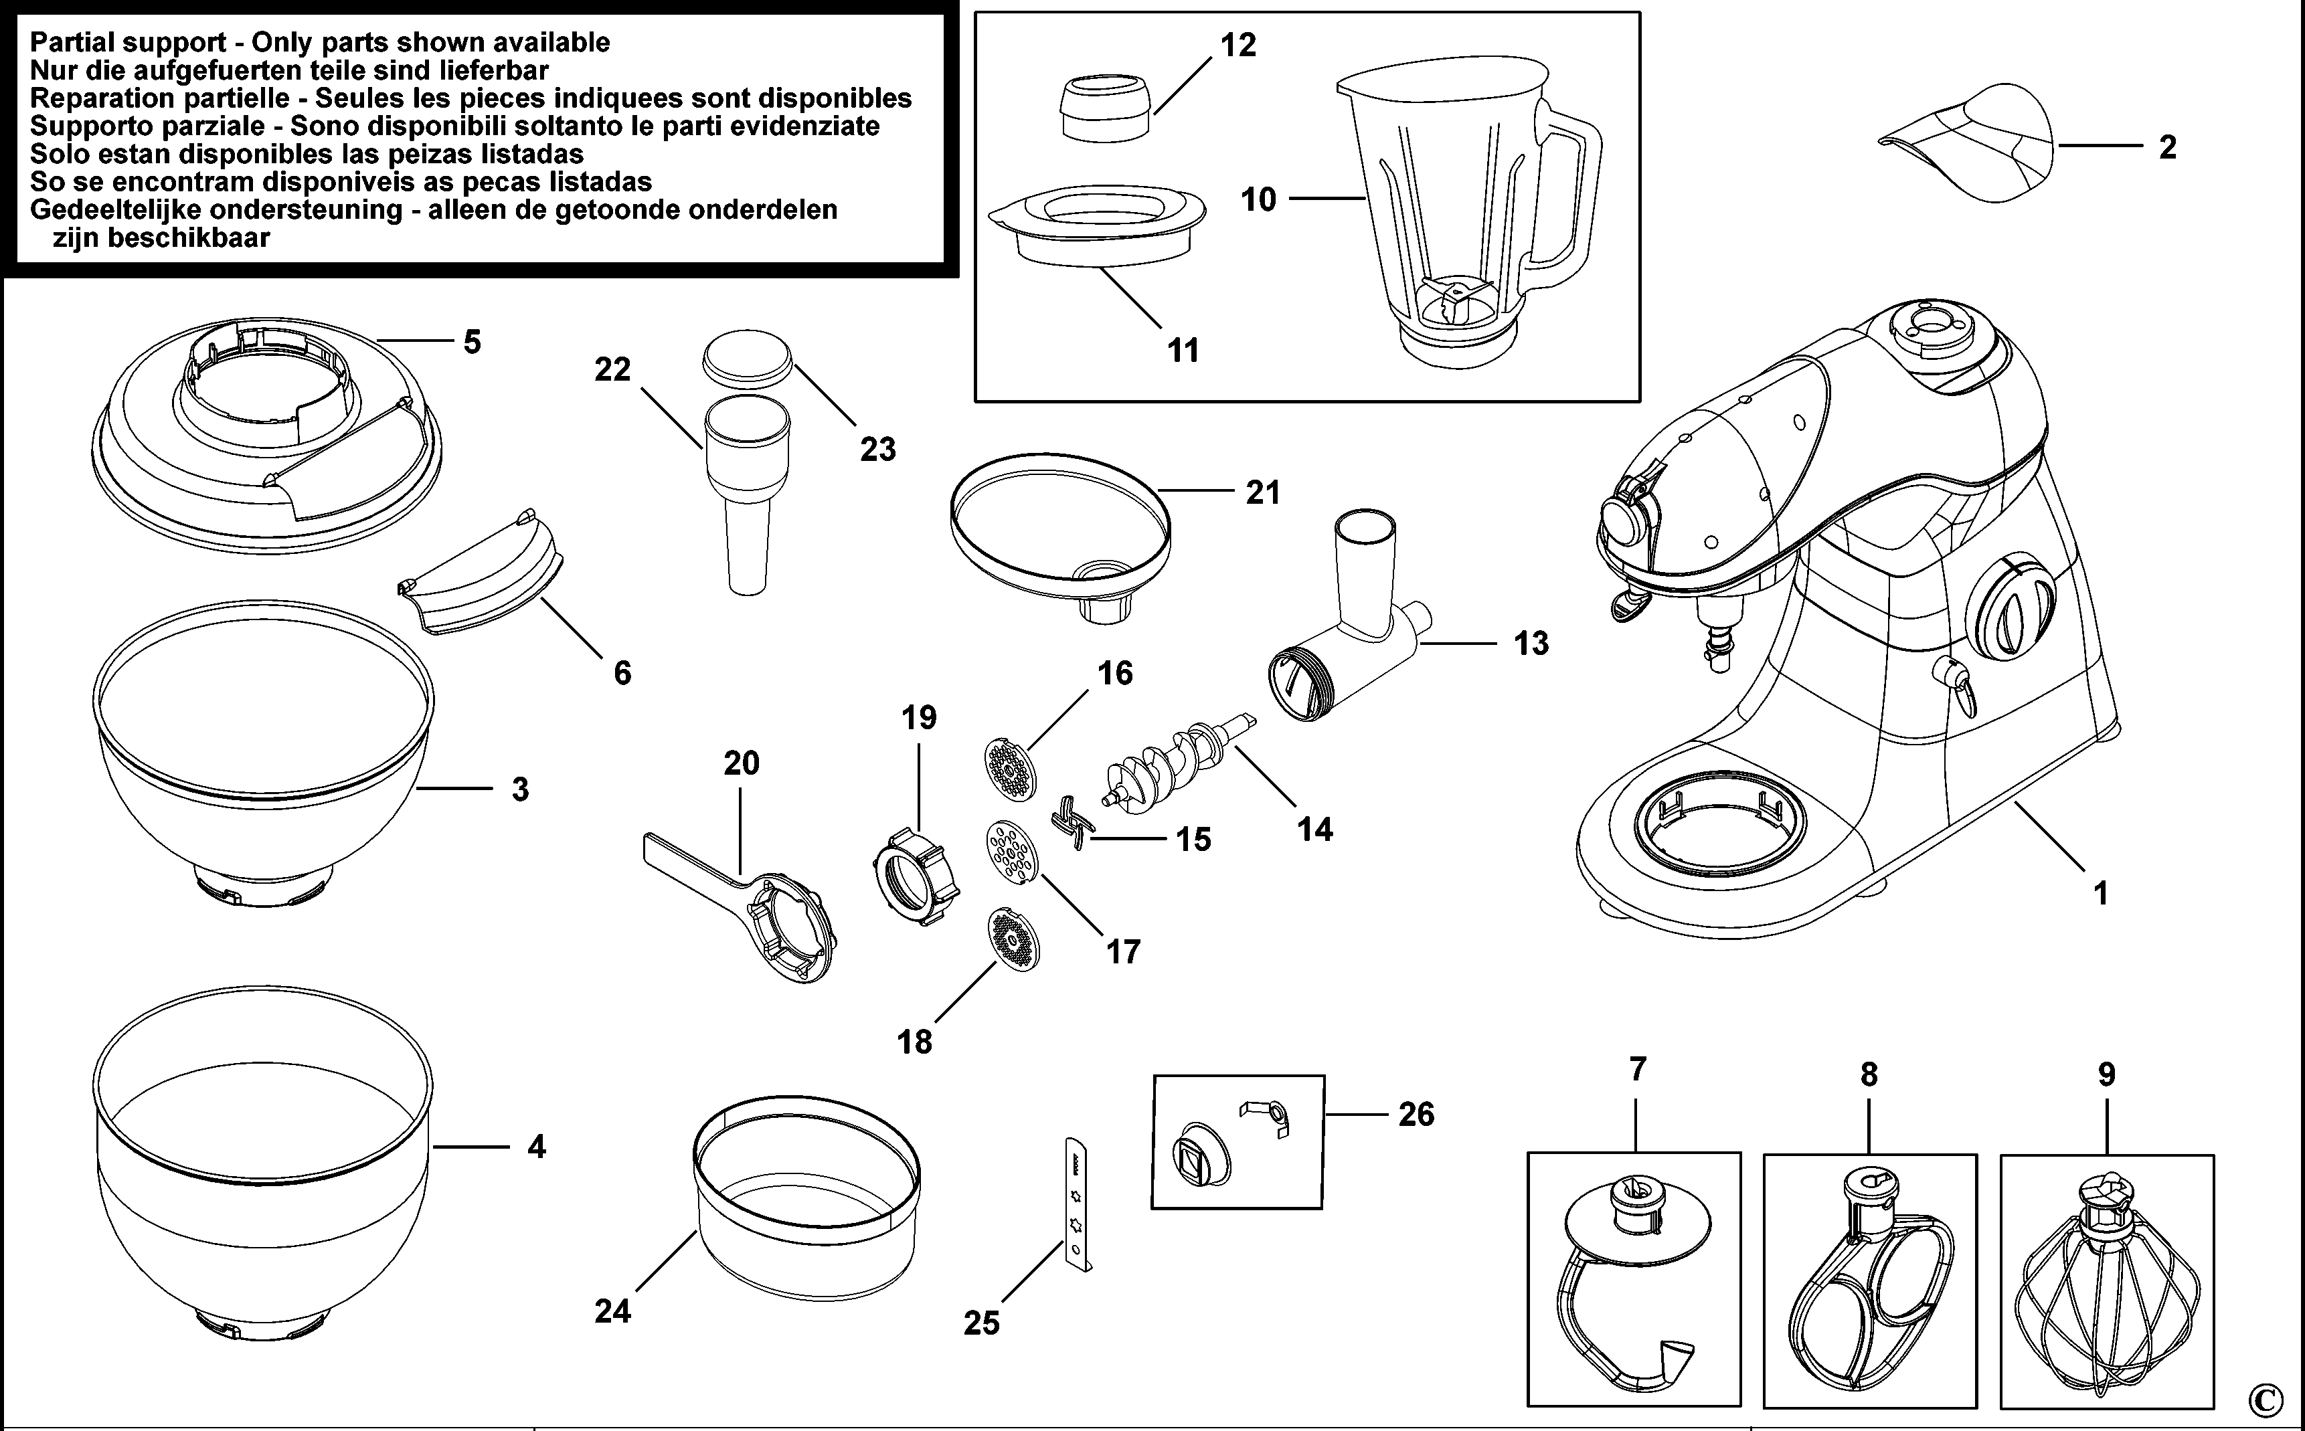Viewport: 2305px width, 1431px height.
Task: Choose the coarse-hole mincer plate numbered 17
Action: click(x=1012, y=852)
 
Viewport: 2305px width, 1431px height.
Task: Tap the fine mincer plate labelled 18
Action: click(x=1013, y=939)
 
